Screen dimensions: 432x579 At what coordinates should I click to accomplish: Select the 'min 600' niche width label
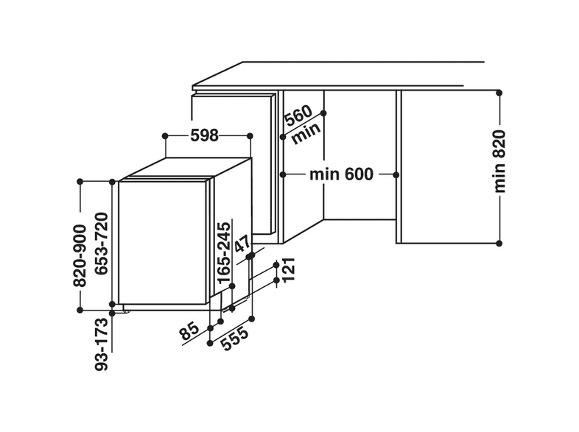(x=341, y=174)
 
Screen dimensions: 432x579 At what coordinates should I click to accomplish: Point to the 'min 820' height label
(x=500, y=161)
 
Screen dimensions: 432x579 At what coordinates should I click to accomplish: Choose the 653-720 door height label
(x=103, y=245)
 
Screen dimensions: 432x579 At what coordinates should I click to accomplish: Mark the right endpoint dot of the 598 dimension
(x=250, y=136)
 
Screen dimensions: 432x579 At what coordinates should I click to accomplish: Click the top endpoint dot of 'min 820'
(x=499, y=93)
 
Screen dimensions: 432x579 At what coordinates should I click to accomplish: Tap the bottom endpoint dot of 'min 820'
(x=499, y=243)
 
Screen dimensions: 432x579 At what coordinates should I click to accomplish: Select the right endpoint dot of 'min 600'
(x=396, y=174)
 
